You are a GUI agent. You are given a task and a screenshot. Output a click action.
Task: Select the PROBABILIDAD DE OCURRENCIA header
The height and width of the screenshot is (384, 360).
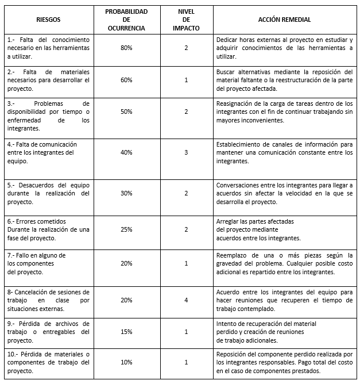126,20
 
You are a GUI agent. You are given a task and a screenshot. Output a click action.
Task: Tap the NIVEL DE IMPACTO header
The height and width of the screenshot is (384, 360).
186,20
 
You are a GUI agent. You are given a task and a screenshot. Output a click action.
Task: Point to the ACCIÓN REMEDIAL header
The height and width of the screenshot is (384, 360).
284,20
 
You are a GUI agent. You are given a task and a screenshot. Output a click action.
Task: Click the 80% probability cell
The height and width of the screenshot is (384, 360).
126,48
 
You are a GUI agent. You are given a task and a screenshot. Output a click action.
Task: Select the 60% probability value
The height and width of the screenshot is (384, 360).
126,80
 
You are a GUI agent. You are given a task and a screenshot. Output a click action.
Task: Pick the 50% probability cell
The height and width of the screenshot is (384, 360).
126,112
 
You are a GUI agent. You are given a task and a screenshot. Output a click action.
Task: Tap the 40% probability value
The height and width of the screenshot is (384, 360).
126,152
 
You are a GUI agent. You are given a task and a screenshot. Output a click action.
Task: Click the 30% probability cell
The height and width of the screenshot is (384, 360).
126,194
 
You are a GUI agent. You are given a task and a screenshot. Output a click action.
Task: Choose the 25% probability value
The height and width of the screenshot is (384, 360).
126,229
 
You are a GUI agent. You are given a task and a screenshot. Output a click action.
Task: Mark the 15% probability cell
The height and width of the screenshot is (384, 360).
126,332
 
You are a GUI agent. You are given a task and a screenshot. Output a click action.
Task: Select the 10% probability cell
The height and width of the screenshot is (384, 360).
126,362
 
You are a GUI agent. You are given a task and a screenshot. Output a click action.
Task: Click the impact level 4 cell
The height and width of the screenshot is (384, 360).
186,299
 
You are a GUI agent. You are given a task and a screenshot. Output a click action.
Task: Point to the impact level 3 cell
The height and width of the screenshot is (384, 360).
186,152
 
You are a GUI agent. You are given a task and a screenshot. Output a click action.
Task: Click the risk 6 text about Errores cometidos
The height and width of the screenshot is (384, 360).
48,229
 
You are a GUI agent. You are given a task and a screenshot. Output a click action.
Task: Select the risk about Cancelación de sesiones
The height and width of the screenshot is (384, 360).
48,299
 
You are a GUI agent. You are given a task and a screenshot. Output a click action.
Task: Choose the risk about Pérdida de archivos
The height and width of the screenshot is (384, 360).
48,332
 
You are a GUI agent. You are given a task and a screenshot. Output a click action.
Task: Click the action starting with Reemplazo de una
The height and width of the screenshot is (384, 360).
284,263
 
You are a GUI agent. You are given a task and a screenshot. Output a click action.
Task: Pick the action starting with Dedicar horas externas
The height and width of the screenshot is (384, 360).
284,48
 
